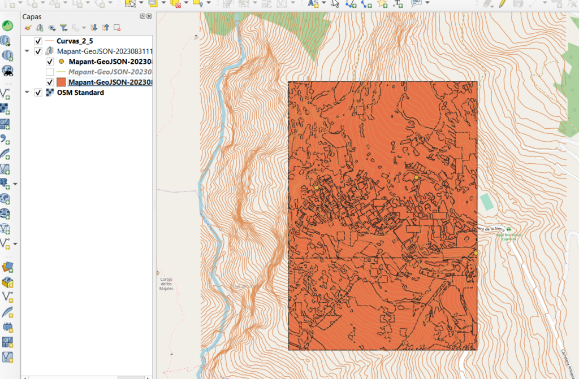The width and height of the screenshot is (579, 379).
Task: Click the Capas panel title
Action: coord(32,17)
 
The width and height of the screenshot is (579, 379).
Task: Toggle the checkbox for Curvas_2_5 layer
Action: coord(38,41)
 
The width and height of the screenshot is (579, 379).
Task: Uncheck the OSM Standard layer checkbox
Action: coord(38,93)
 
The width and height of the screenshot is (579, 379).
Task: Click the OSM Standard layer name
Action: coord(80,93)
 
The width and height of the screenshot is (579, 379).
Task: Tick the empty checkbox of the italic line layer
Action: coord(50,72)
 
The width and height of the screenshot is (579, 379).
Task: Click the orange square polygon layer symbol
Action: coord(61,82)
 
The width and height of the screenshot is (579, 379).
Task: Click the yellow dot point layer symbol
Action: coord(61,62)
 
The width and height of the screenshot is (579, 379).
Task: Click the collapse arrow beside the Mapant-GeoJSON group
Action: coord(27,51)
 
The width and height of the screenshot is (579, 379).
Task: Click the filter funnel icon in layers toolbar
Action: coord(63,27)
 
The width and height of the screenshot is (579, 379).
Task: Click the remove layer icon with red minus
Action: coord(117,27)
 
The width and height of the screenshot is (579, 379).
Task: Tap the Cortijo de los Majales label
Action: coord(166,283)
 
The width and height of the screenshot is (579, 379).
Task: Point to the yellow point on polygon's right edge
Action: coord(476,253)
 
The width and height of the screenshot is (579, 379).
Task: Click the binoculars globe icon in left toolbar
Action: coord(8,71)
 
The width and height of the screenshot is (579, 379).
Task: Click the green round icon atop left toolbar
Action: coord(7,26)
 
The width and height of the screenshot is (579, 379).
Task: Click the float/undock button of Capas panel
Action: coord(142,17)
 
